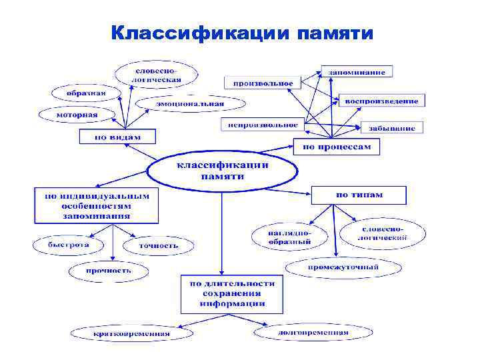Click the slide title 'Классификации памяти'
(242, 33)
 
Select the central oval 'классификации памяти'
(222, 171)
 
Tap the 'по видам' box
(118, 137)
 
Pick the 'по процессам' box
(336, 146)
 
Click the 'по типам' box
(359, 195)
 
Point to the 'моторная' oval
(77, 115)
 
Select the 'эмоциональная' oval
(190, 103)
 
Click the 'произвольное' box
(263, 83)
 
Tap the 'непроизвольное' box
(263, 124)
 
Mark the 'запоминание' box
(357, 71)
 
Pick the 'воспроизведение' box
(382, 101)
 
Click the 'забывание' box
(393, 127)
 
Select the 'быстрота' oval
(68, 245)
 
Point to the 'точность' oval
(159, 245)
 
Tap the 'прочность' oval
(108, 270)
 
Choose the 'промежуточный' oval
(343, 267)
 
